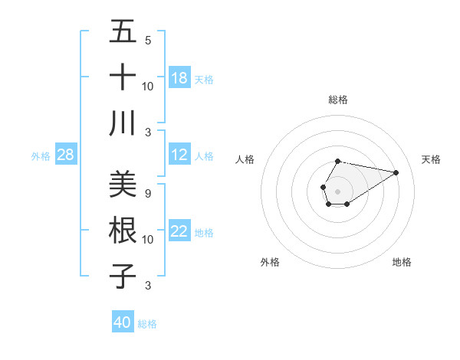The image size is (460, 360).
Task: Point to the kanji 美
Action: click(x=123, y=185)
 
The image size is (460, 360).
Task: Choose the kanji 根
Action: click(x=123, y=230)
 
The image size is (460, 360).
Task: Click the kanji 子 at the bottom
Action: click(x=123, y=275)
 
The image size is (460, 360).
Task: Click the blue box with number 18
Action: click(x=179, y=78)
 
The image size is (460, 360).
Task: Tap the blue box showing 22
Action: click(x=179, y=232)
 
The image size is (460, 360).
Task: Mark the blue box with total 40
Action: click(x=123, y=322)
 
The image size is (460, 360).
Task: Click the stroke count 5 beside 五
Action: click(x=147, y=41)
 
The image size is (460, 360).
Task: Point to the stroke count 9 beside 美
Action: click(x=147, y=194)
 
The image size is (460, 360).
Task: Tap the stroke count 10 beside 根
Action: click(x=147, y=239)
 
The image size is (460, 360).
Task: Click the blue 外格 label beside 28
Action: click(x=41, y=156)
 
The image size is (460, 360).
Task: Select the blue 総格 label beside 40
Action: click(x=147, y=324)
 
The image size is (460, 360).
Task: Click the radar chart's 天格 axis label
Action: click(x=431, y=159)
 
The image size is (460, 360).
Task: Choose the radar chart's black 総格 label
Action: click(x=338, y=100)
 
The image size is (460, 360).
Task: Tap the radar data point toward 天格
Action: click(x=396, y=172)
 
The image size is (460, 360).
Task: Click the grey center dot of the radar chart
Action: click(x=337, y=190)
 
